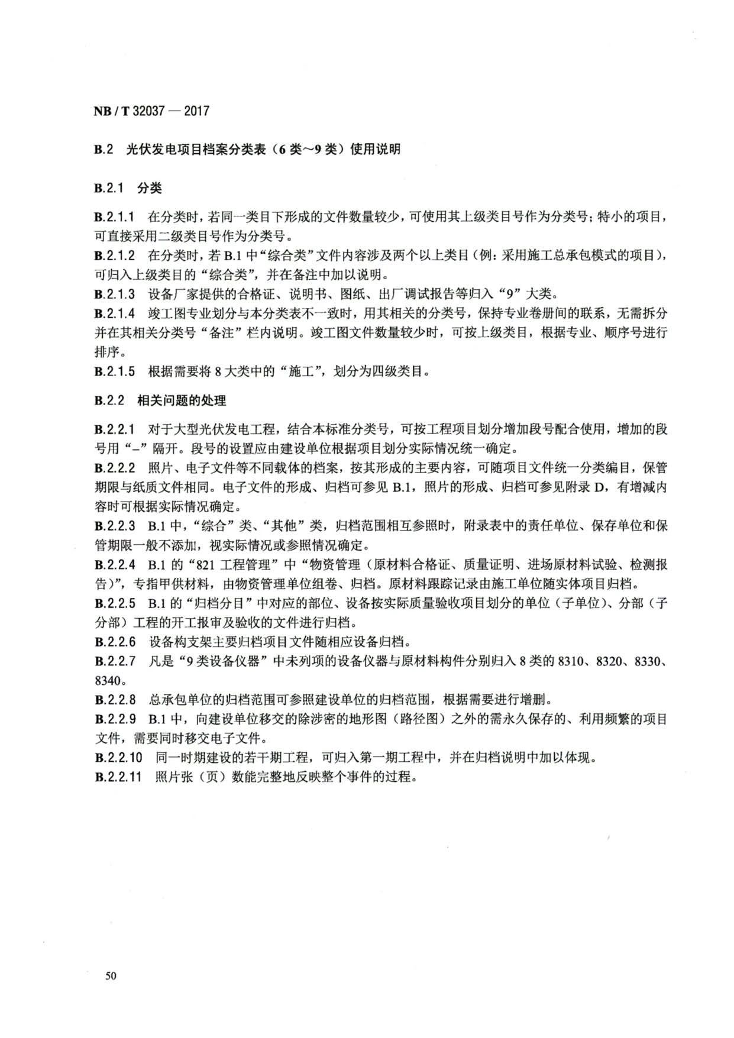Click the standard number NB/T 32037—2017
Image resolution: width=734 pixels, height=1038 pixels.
coord(151,111)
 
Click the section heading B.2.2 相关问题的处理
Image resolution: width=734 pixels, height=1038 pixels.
coord(160,400)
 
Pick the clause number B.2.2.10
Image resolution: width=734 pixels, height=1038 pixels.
coord(118,758)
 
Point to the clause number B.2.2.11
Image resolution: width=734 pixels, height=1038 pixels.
coord(118,777)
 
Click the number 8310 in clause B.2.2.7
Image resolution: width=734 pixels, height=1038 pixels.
coord(572,661)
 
